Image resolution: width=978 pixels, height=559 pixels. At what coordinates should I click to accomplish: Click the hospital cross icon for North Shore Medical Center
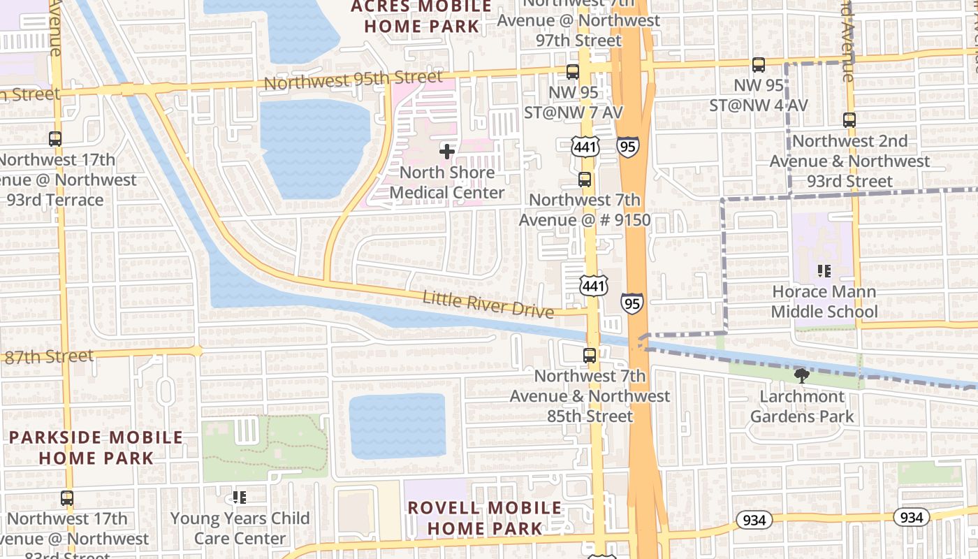tap(447, 151)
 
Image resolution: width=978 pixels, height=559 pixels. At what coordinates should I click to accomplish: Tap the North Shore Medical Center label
tap(447, 182)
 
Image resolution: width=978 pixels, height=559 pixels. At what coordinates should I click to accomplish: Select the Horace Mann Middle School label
tap(824, 302)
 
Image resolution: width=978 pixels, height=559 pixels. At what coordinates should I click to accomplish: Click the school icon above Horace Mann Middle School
tap(824, 270)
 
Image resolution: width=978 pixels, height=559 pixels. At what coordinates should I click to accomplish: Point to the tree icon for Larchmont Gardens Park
tap(801, 376)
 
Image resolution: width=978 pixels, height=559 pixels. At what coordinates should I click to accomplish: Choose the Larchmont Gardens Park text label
tap(802, 407)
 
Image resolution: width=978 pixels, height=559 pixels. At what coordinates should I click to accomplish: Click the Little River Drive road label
tap(488, 305)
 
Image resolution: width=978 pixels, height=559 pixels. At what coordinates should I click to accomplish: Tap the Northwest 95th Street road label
tap(353, 80)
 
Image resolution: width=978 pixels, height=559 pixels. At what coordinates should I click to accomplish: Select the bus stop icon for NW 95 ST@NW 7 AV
tap(573, 71)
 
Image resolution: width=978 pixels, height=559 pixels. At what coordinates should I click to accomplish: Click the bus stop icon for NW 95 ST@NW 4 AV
tap(759, 65)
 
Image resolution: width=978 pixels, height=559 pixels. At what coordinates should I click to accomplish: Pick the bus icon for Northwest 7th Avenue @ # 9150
tap(585, 180)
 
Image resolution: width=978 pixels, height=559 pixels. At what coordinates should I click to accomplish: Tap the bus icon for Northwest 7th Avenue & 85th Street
tap(590, 355)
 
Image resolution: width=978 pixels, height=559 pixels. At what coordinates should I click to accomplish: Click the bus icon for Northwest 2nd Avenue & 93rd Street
tap(849, 120)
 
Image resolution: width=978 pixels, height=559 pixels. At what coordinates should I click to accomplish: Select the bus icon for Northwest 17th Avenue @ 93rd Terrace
tap(55, 139)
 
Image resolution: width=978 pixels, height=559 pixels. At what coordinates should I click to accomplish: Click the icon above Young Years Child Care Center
tap(240, 498)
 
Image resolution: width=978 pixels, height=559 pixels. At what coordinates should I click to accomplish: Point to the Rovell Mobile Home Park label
tap(484, 518)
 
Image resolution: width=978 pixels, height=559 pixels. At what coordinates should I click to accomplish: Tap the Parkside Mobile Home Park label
tap(96, 448)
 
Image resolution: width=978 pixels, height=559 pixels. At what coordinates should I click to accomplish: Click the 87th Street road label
tap(48, 357)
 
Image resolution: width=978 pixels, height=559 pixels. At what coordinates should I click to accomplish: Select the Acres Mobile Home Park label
tap(422, 17)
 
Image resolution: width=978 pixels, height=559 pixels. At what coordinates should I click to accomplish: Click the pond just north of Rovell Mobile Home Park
tap(397, 426)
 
